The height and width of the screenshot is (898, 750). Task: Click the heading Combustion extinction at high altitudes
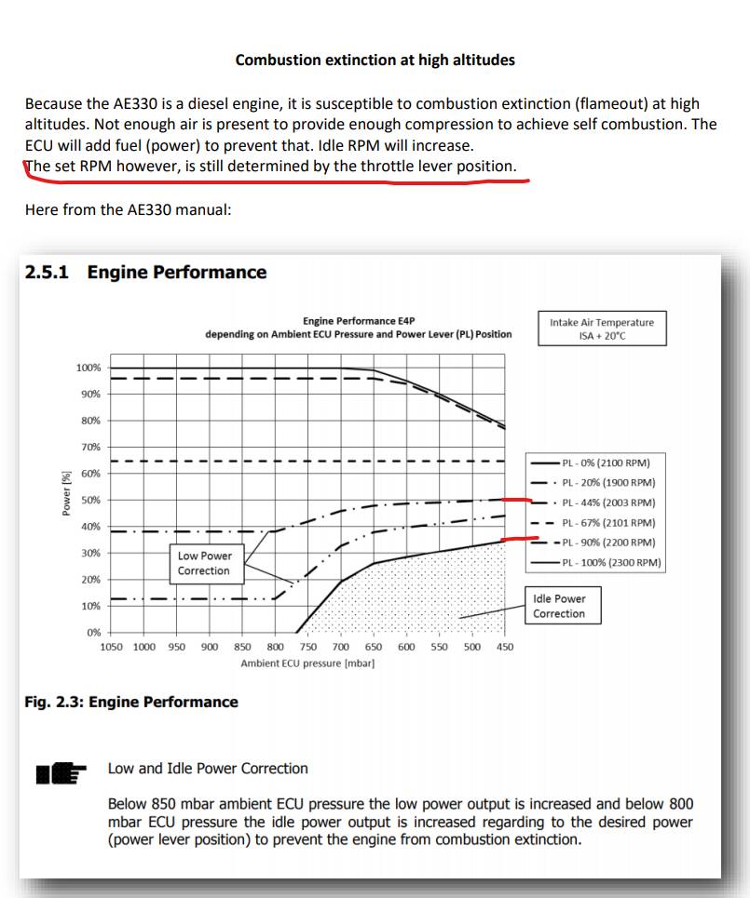(375, 60)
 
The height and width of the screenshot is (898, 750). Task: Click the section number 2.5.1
(50, 273)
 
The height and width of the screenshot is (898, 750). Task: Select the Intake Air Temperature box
(601, 329)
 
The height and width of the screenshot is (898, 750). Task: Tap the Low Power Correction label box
(204, 563)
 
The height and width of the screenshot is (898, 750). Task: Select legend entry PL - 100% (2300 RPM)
(611, 562)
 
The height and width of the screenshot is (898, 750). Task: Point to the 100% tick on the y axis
(89, 368)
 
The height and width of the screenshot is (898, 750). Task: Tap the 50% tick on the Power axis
(90, 501)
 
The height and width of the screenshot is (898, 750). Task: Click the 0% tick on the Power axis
(94, 633)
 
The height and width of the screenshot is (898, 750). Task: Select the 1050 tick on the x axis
(111, 647)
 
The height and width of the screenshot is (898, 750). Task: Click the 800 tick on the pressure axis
(276, 647)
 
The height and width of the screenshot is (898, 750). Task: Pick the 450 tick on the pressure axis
(505, 647)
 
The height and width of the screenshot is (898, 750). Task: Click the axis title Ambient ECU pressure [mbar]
(307, 663)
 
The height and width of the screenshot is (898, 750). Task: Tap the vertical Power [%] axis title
(66, 493)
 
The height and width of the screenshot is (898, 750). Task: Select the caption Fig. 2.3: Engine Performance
(131, 702)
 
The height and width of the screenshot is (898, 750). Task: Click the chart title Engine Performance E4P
(359, 321)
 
